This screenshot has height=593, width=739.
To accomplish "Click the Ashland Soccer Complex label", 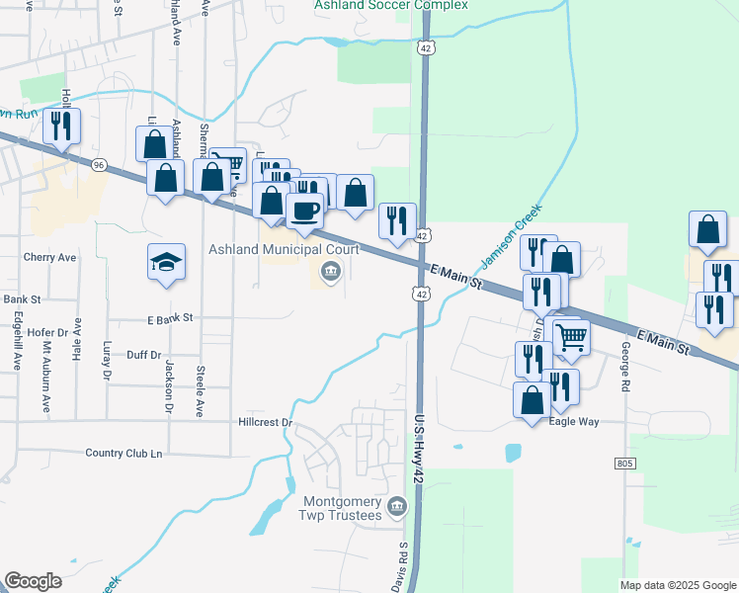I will coord(390,6).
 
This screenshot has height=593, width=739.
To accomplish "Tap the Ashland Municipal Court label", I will coord(283,249).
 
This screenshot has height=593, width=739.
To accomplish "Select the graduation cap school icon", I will coord(166,262).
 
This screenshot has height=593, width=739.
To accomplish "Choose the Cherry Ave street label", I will coord(49,257).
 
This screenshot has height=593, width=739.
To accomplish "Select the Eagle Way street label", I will coord(575,421).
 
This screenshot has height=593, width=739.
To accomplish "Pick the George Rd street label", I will coord(625,367).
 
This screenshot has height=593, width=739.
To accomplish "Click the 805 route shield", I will coord(623,463).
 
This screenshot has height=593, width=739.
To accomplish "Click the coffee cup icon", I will coord(303,210).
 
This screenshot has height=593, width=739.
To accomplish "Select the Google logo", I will coord(34,581).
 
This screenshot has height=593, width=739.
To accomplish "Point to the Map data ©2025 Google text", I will coord(677,585).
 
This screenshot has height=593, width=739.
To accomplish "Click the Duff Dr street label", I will coord(143,354).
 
